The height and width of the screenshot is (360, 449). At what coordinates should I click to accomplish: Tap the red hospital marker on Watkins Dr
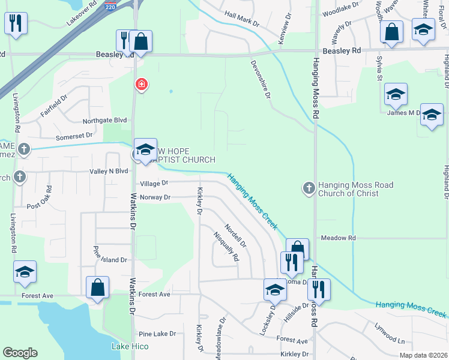click(x=141, y=85)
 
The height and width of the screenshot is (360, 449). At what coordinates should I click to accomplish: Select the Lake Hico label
click(x=130, y=346)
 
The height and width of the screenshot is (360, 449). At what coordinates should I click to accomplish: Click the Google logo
click(x=20, y=353)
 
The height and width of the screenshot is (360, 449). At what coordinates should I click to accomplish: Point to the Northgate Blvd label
click(x=106, y=120)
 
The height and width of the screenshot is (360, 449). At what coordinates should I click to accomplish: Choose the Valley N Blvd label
click(x=109, y=171)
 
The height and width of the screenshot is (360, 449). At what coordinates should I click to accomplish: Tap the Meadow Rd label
click(x=338, y=238)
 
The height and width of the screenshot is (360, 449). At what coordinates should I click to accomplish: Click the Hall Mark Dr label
click(x=241, y=19)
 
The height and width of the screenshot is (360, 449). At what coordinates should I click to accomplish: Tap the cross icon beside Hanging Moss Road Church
click(x=309, y=189)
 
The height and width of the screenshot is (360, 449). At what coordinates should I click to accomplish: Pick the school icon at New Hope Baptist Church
click(x=145, y=151)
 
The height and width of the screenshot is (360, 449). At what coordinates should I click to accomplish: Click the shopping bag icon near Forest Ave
click(x=97, y=287)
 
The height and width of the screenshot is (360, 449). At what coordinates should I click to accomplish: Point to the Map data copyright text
click(x=422, y=355)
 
